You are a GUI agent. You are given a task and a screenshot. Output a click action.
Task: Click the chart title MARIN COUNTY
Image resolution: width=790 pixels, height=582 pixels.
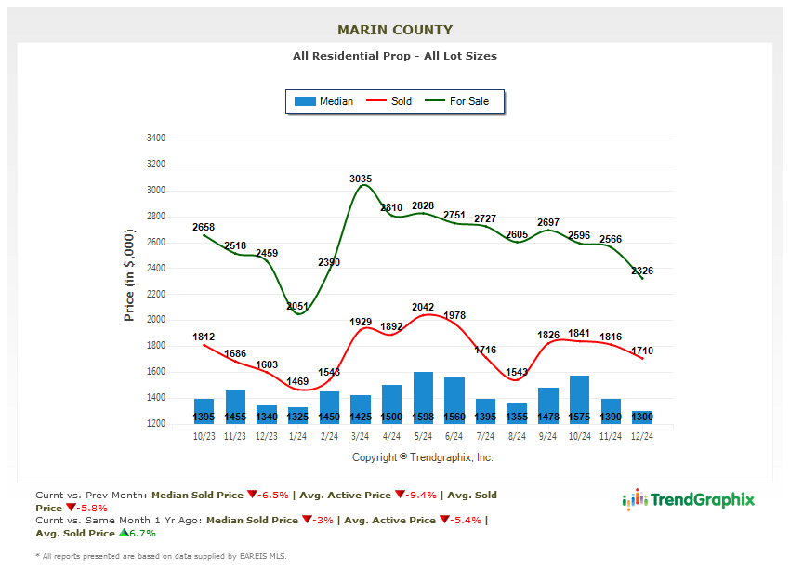tap(395, 30)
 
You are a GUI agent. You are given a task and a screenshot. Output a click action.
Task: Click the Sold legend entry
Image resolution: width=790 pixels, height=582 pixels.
tap(390, 101)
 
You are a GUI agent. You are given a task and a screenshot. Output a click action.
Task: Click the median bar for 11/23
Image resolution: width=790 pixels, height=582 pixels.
tap(235, 407)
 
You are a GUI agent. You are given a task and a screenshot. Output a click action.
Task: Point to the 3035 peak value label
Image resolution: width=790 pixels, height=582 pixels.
tap(361, 179)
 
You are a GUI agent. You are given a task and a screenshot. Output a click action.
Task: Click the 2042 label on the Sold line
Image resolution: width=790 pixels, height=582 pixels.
tap(423, 307)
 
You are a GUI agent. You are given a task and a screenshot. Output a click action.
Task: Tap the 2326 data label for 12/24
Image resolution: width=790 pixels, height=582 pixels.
tap(642, 271)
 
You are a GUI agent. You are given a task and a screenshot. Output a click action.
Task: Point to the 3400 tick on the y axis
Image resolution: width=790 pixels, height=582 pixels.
tap(155, 139)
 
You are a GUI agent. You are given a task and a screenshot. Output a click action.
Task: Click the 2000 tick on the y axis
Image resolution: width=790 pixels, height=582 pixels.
tap(155, 320)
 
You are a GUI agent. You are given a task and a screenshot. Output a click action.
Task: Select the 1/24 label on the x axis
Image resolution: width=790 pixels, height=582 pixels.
tap(298, 435)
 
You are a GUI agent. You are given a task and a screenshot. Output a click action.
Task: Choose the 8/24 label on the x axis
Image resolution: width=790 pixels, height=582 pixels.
tap(517, 435)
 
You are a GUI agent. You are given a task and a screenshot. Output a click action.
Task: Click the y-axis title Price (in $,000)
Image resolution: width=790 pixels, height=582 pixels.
tap(129, 277)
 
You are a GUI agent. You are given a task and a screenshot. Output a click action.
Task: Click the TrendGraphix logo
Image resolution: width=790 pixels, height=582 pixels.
tap(689, 500)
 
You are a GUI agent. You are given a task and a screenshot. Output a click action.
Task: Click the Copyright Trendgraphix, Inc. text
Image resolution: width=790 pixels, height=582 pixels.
tap(423, 457)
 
